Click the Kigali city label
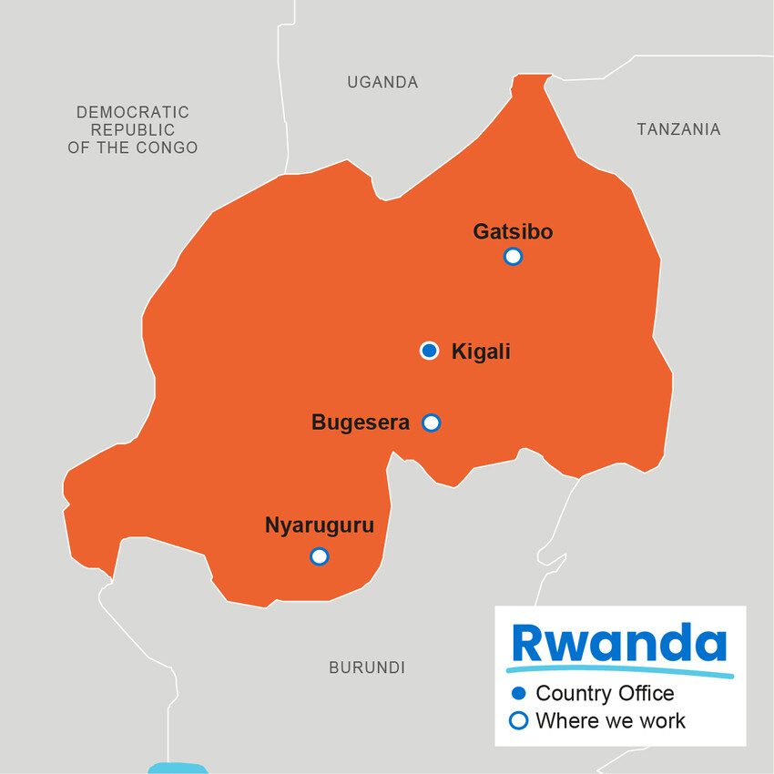481,351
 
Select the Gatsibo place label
513,232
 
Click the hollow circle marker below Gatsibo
513,256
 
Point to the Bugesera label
361,423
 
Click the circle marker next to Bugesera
432,423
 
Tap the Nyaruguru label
319,525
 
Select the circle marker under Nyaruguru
319,555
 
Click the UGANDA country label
382,83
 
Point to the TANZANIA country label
678,129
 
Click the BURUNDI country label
366,667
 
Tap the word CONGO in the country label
167,148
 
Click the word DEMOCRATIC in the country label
133,112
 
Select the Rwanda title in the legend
619,643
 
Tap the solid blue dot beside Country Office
519,694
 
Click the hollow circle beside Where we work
519,721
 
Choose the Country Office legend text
605,694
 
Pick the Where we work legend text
610,721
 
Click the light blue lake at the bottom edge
178,768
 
